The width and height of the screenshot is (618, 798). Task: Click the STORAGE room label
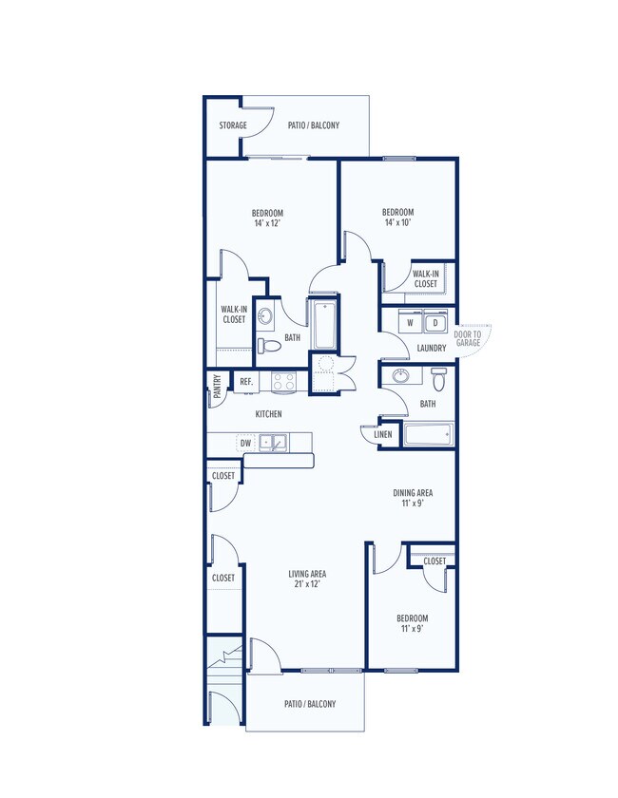pyautogui.click(x=233, y=125)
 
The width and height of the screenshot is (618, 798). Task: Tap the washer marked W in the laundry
pyautogui.click(x=410, y=322)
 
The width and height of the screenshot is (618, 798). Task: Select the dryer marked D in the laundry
pyautogui.click(x=435, y=322)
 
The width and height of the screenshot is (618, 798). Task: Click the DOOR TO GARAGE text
pyautogui.click(x=468, y=338)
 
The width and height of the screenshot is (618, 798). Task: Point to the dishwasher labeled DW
pyautogui.click(x=245, y=444)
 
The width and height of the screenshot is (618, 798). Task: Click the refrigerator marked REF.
pyautogui.click(x=246, y=382)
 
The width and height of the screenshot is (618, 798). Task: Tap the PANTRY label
pyautogui.click(x=218, y=387)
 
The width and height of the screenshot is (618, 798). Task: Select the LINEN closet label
pyautogui.click(x=383, y=434)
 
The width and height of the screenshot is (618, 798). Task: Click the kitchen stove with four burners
pyautogui.click(x=283, y=382)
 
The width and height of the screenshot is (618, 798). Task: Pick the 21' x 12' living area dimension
pyautogui.click(x=307, y=583)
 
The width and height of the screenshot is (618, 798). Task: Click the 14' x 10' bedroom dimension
pyautogui.click(x=398, y=222)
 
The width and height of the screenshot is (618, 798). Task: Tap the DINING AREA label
pyautogui.click(x=413, y=493)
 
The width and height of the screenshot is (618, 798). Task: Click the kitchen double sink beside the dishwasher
pyautogui.click(x=273, y=443)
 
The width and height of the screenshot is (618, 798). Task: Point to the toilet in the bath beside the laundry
pyautogui.click(x=438, y=378)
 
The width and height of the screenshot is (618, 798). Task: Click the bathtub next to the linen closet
pyautogui.click(x=428, y=435)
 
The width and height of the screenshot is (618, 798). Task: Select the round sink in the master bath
pyautogui.click(x=265, y=316)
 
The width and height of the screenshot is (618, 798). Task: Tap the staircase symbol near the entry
pyautogui.click(x=224, y=667)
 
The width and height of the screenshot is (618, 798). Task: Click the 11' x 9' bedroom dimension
pyautogui.click(x=413, y=629)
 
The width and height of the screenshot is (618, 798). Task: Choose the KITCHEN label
pyautogui.click(x=268, y=414)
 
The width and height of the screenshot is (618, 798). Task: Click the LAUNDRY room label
pyautogui.click(x=432, y=348)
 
